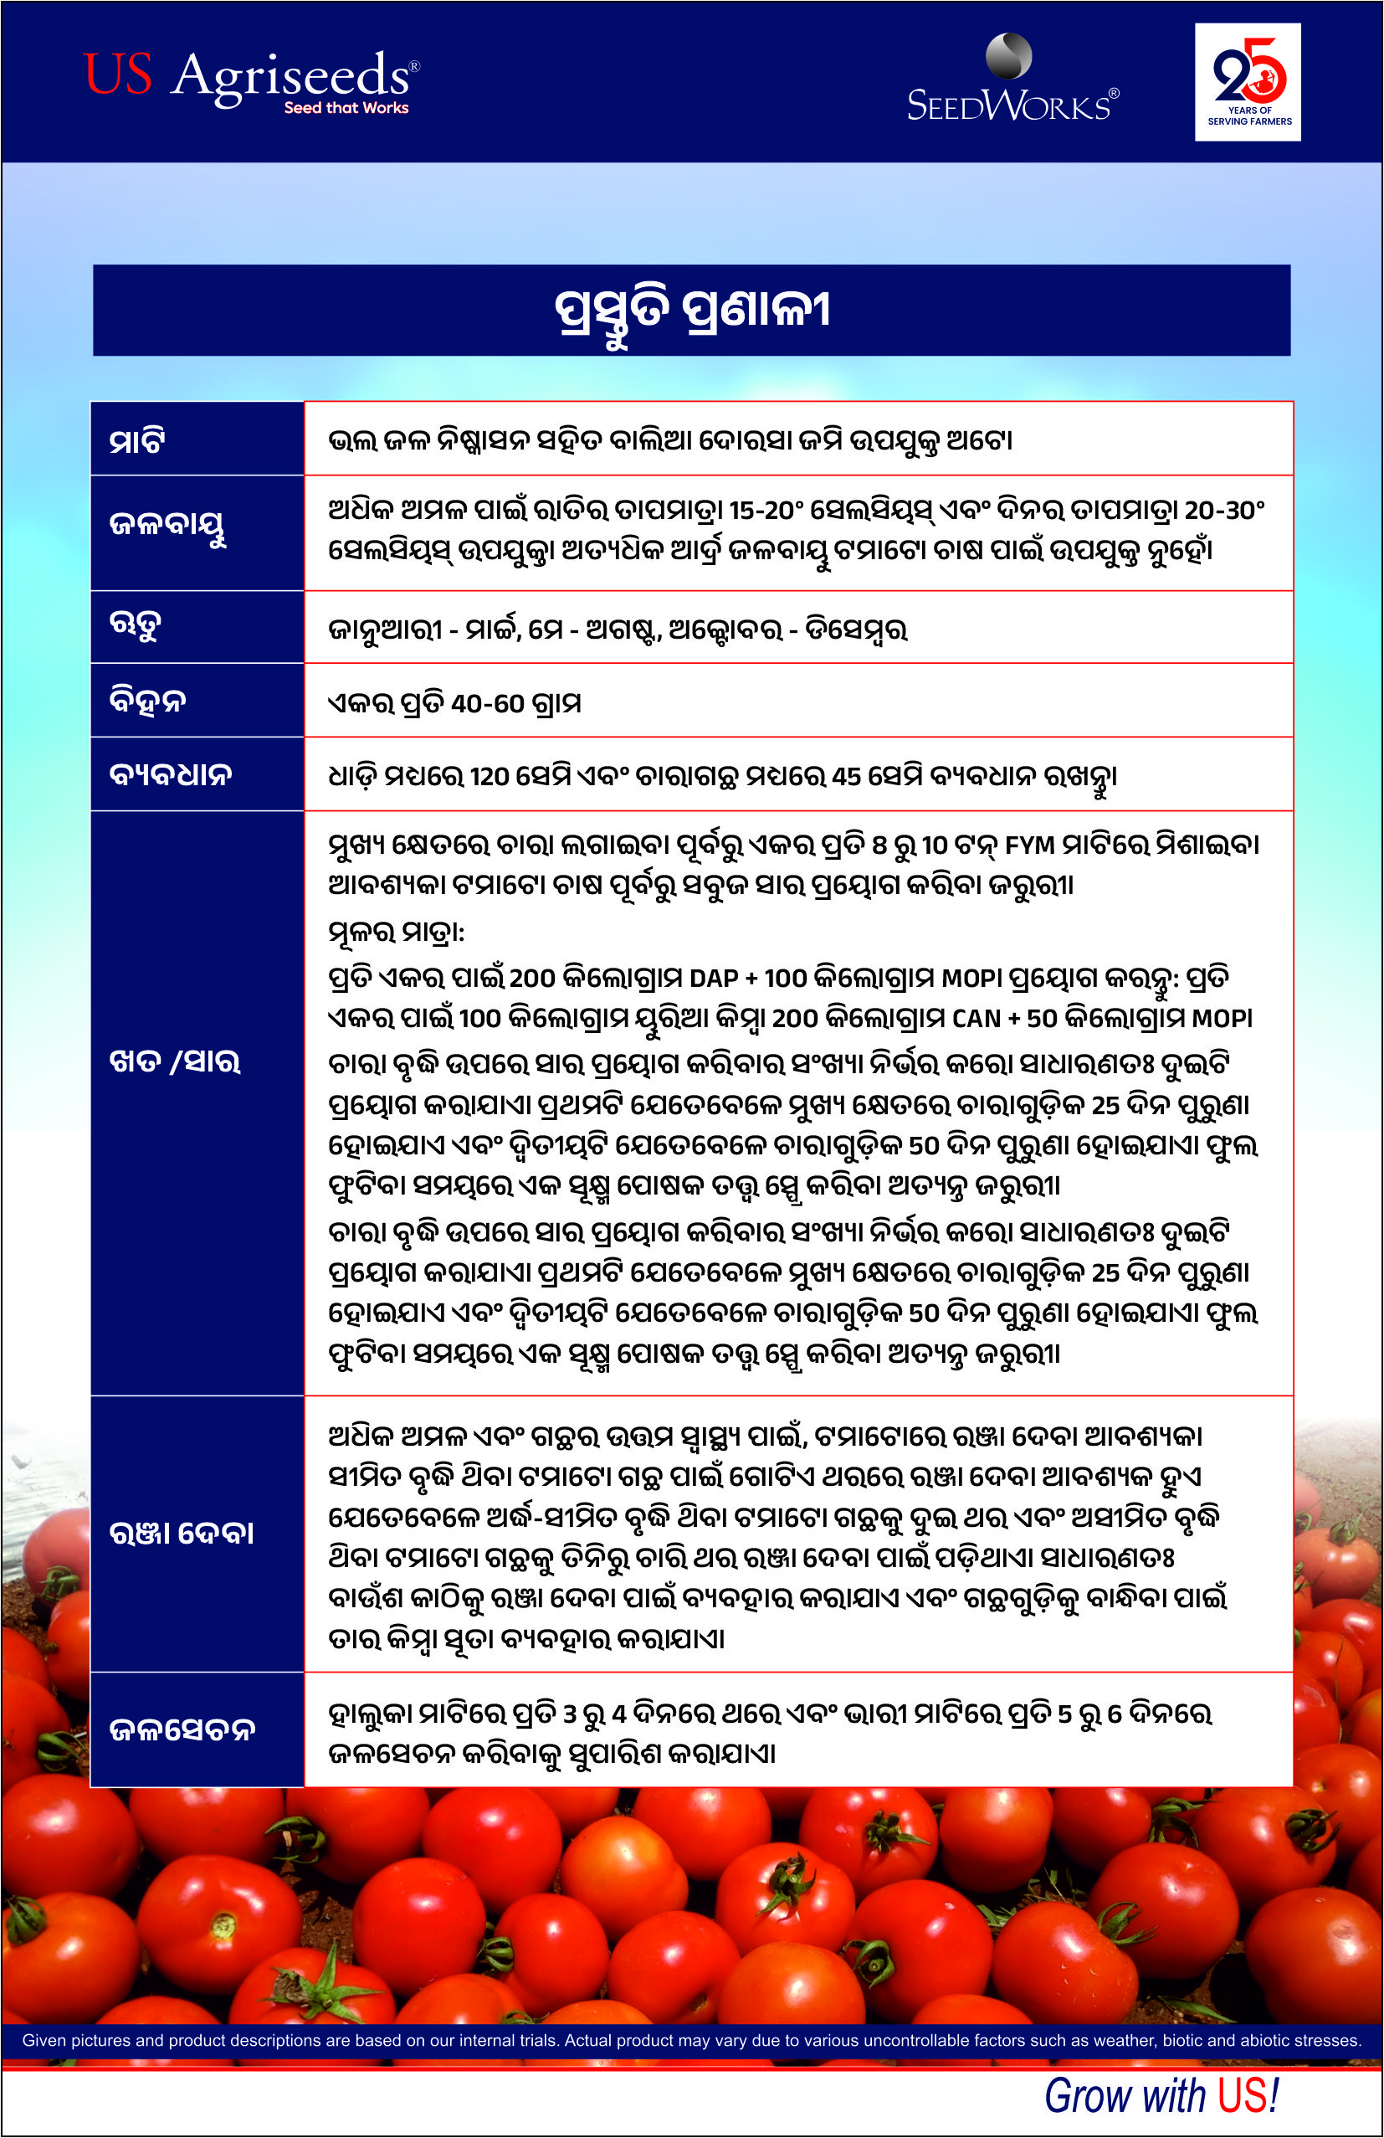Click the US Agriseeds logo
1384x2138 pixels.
249,79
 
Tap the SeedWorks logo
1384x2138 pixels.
1012,81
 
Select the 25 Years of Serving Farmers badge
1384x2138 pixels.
1248,82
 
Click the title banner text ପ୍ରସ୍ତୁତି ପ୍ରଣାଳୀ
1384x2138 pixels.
691,311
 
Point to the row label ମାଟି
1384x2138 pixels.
136,441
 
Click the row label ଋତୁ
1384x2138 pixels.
135,625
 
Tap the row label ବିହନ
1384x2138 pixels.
147,701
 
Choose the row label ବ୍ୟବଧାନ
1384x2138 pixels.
171,774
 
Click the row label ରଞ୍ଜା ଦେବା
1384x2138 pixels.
182,1534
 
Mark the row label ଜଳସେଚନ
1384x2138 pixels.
182,1729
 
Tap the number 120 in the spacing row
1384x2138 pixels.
490,776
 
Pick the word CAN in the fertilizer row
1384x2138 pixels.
976,1019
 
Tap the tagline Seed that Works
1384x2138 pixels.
346,108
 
